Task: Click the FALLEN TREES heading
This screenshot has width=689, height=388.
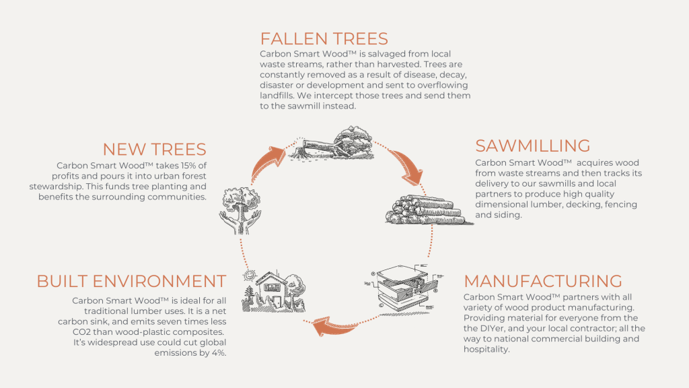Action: click(x=324, y=38)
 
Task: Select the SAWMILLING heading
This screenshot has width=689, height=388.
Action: click(x=533, y=145)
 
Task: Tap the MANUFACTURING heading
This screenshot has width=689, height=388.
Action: click(x=543, y=281)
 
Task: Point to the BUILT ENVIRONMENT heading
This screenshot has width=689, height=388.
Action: click(x=131, y=281)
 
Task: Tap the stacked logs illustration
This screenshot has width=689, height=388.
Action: click(x=425, y=208)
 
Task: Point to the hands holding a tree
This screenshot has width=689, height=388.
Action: click(x=239, y=205)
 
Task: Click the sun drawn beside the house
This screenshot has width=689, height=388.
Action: click(x=250, y=275)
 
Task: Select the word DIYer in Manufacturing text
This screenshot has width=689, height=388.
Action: click(x=478, y=329)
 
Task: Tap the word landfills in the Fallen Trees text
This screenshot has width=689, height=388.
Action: click(x=280, y=96)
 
